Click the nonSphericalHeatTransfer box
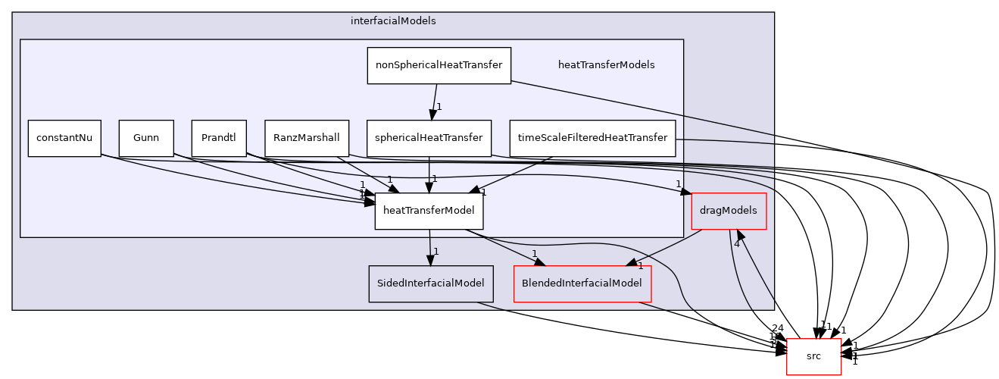439,65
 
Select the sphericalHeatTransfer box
429,138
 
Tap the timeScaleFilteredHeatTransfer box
592,138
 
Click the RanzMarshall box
307,138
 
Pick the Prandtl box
219,138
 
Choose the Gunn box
146,138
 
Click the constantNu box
64,138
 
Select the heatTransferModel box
429,211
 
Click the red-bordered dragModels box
729,211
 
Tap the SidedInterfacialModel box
430,283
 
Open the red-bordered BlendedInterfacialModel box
582,283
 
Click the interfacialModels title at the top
393,21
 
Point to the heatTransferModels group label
606,65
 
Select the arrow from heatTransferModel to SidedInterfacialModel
429,247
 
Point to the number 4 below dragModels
736,243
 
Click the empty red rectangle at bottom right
813,356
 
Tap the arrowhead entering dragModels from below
741,236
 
